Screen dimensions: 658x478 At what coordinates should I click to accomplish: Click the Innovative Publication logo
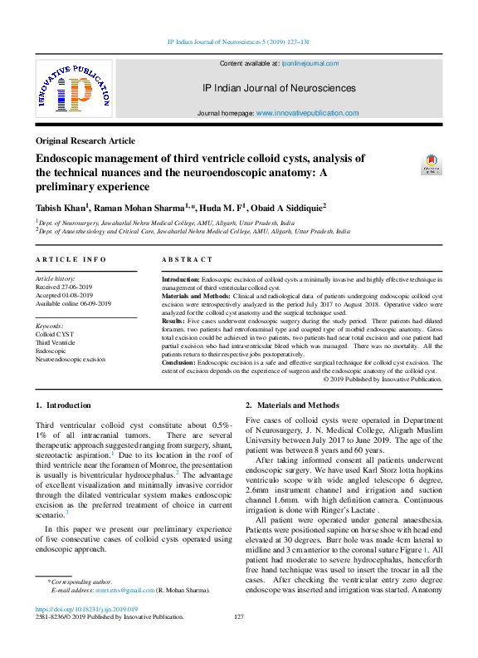[x=73, y=89]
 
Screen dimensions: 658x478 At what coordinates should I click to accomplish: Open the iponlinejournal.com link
[x=310, y=63]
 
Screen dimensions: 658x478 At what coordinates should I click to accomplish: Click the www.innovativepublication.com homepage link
[x=307, y=113]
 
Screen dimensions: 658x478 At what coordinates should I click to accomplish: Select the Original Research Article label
[x=85, y=141]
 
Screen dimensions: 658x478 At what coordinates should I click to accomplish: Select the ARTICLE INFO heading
[x=71, y=260]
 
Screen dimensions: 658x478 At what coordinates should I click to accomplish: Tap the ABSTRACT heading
[x=187, y=260]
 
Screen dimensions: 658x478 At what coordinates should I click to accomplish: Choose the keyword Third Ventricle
[x=55, y=342]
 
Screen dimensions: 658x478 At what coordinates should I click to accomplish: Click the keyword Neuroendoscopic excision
[x=70, y=360]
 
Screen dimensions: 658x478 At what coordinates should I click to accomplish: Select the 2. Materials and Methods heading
[x=292, y=405]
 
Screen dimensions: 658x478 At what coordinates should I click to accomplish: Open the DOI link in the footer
[x=86, y=610]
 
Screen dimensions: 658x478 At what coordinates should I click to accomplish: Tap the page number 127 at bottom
[x=239, y=617]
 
